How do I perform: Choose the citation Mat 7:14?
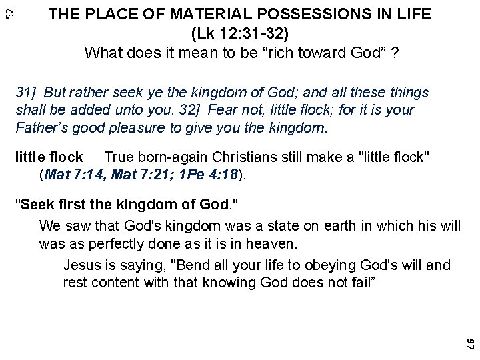coord(74,175)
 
